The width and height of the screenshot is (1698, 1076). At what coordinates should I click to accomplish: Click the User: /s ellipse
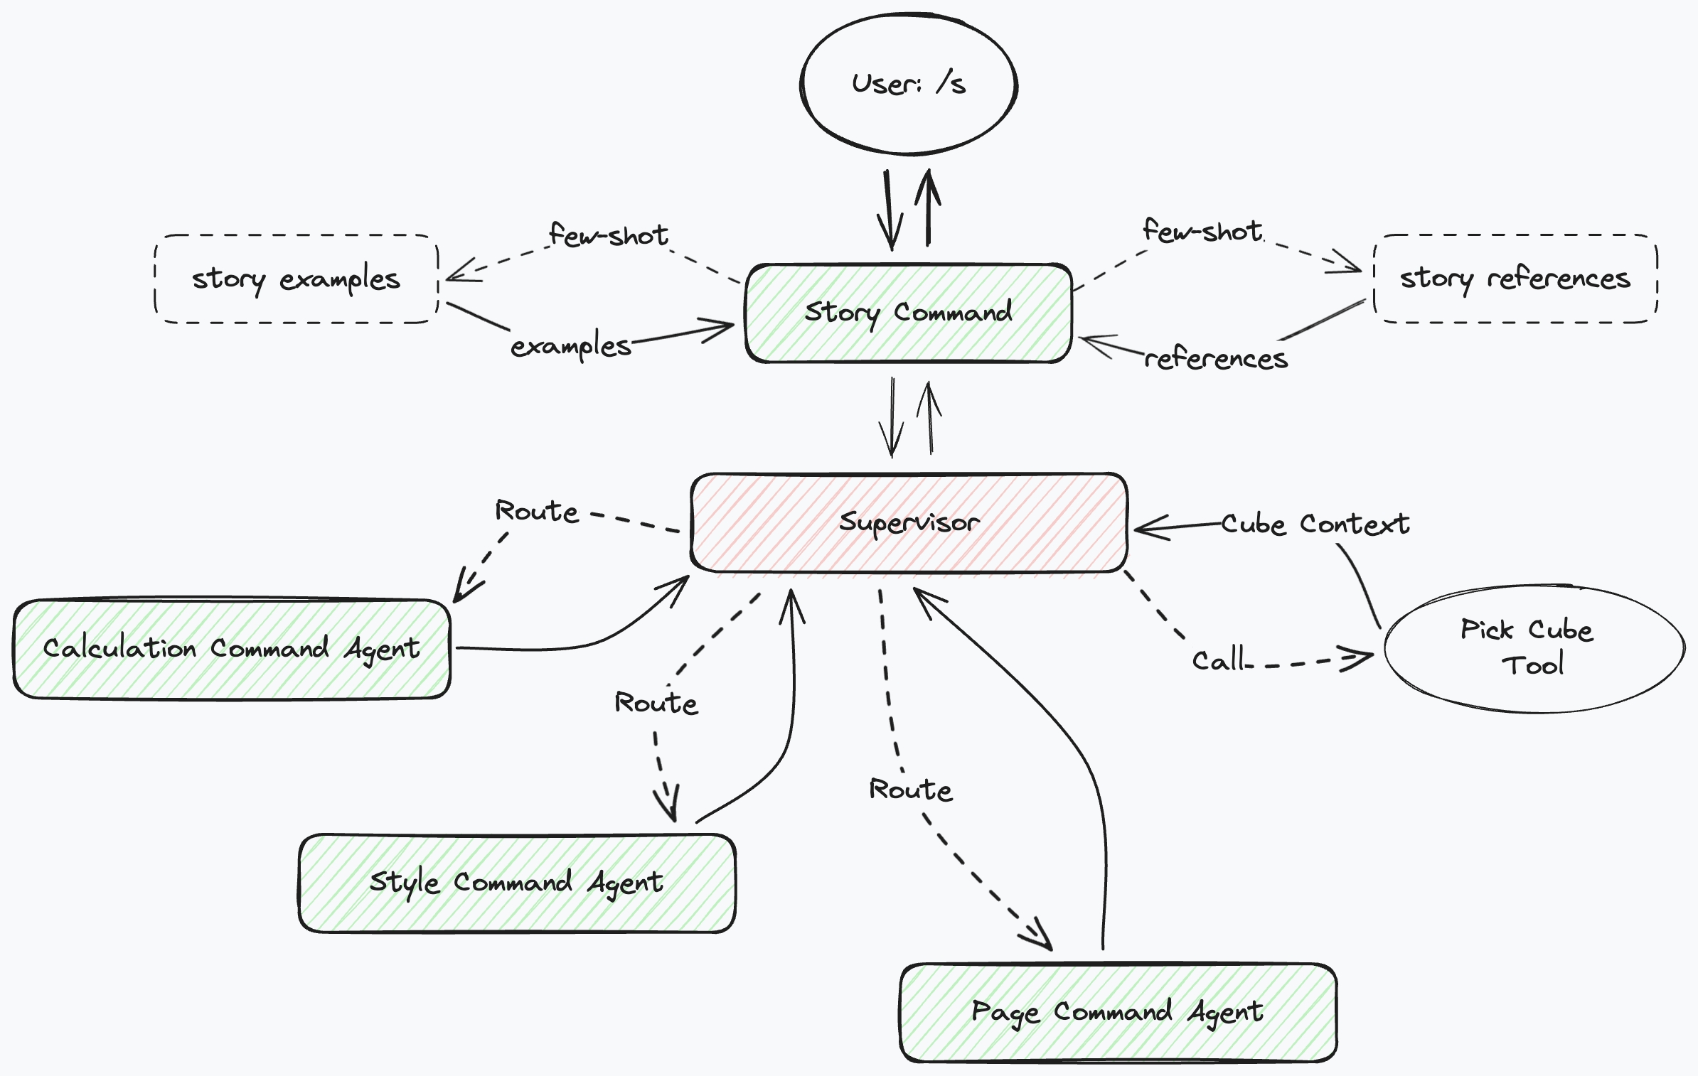pos(908,84)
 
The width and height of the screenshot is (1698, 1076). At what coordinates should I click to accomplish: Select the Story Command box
pos(908,313)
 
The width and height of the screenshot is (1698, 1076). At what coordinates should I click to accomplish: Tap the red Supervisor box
pos(908,522)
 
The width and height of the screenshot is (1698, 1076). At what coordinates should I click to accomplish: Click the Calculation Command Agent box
pos(231,649)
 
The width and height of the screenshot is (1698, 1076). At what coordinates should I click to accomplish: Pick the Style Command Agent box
pos(517,883)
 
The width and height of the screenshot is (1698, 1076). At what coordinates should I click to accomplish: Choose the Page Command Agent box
pos(1118,1012)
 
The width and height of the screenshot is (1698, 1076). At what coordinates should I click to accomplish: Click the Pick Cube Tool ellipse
pos(1532,648)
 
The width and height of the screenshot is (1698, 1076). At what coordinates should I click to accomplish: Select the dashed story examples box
pos(296,279)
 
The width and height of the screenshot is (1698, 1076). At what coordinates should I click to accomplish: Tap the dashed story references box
pos(1515,278)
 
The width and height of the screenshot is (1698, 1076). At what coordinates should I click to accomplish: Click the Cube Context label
pos(1315,524)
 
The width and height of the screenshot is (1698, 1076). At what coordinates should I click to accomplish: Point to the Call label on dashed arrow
pos(1217,660)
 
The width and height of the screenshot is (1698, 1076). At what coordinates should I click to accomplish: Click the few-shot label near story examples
pos(609,235)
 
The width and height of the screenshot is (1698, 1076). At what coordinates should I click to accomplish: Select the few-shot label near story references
pos(1202,231)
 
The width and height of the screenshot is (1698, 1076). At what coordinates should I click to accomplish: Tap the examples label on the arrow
pos(570,346)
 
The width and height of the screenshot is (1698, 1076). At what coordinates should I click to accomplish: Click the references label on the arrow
pos(1216,359)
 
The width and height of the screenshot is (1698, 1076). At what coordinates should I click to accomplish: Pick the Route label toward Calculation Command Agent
pos(537,511)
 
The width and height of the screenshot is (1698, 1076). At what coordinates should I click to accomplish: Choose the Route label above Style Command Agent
pos(656,703)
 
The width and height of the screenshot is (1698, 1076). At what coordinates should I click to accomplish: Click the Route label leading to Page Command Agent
pos(910,790)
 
